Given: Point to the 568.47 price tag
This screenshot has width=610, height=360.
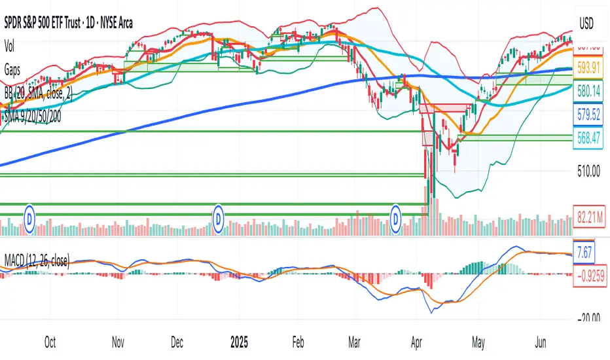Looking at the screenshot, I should pos(589,138).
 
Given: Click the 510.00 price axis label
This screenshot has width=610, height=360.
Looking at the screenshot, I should pos(588,172).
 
